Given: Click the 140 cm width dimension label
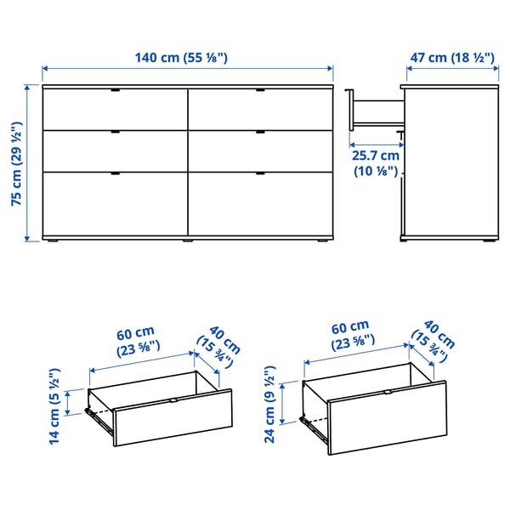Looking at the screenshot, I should coord(183,58).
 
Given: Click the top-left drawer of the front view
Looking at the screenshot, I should coord(115,109).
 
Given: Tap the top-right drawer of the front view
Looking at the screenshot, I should coord(259,109).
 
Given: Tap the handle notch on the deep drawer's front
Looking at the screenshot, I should coord(388,392).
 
